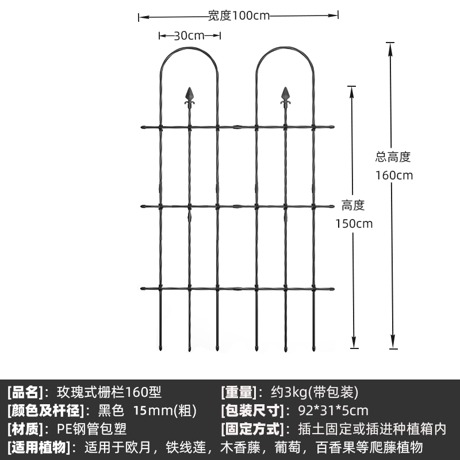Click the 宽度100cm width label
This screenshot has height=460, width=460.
(239, 16)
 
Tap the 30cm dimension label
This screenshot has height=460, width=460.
(189, 36)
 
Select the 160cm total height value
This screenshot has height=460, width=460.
(394, 175)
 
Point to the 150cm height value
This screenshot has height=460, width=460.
(354, 224)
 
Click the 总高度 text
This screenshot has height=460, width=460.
(393, 157)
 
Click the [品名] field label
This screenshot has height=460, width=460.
(25, 393)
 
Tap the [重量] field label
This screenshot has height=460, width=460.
(237, 393)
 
